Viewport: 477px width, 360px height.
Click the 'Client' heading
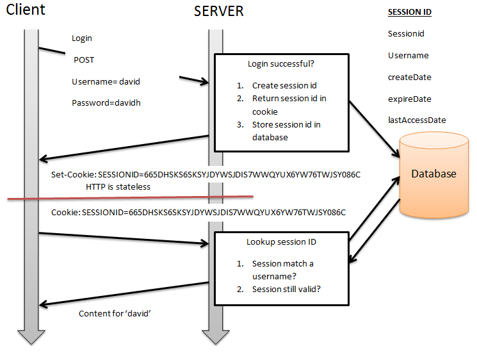click(26, 10)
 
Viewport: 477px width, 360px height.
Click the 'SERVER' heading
click(218, 11)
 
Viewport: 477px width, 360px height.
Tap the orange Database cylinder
click(433, 174)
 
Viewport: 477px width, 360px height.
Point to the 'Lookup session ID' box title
click(280, 242)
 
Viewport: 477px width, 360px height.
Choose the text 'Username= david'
click(106, 81)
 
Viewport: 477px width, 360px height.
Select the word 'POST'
click(84, 60)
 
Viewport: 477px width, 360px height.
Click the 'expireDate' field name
click(409, 99)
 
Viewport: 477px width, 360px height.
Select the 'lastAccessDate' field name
click(417, 120)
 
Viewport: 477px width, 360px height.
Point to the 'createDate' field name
click(409, 77)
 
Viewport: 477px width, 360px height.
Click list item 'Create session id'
click(284, 85)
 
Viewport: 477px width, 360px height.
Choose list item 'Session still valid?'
click(286, 288)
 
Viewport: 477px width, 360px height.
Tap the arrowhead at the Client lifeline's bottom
click(31, 339)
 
